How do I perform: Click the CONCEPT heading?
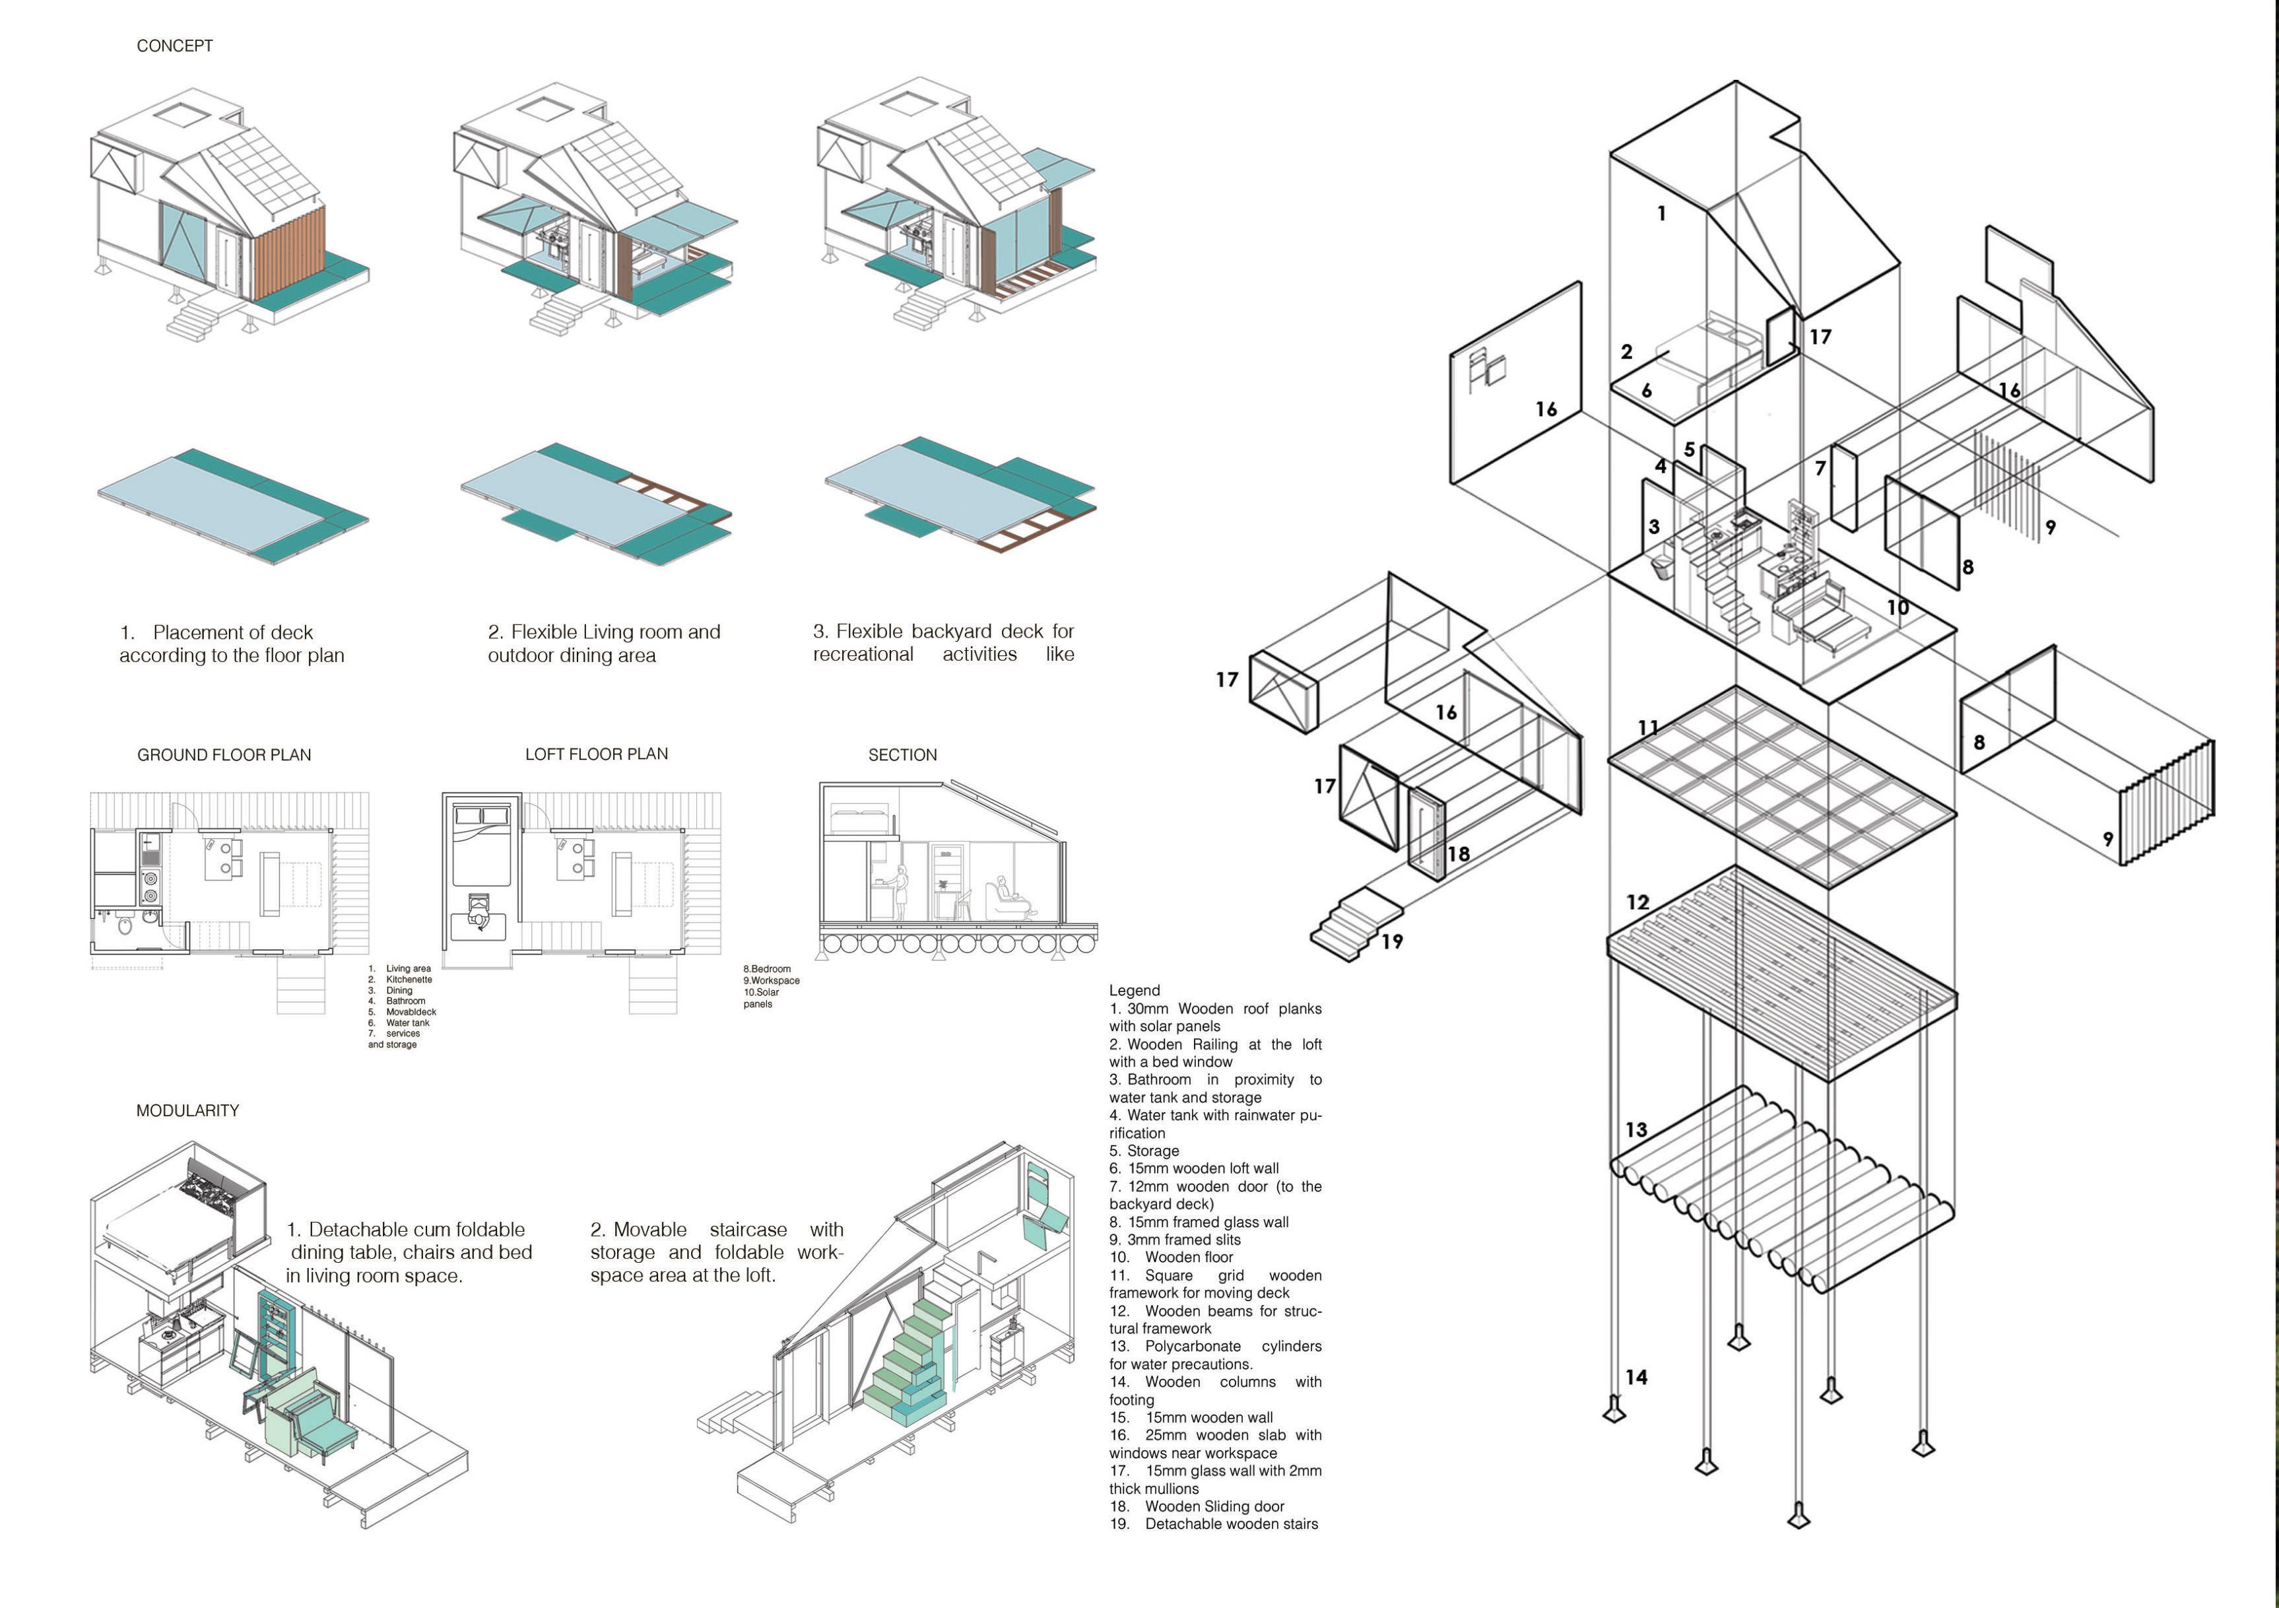click(175, 46)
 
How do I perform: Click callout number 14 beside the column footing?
click(1635, 1377)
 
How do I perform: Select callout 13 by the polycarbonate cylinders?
click(1635, 1129)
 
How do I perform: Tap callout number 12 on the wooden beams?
click(1637, 902)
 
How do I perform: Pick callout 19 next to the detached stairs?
click(1391, 941)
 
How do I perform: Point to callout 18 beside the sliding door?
click(1457, 854)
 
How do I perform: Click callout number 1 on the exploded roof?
click(1662, 213)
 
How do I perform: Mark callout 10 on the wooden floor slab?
click(1897, 607)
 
